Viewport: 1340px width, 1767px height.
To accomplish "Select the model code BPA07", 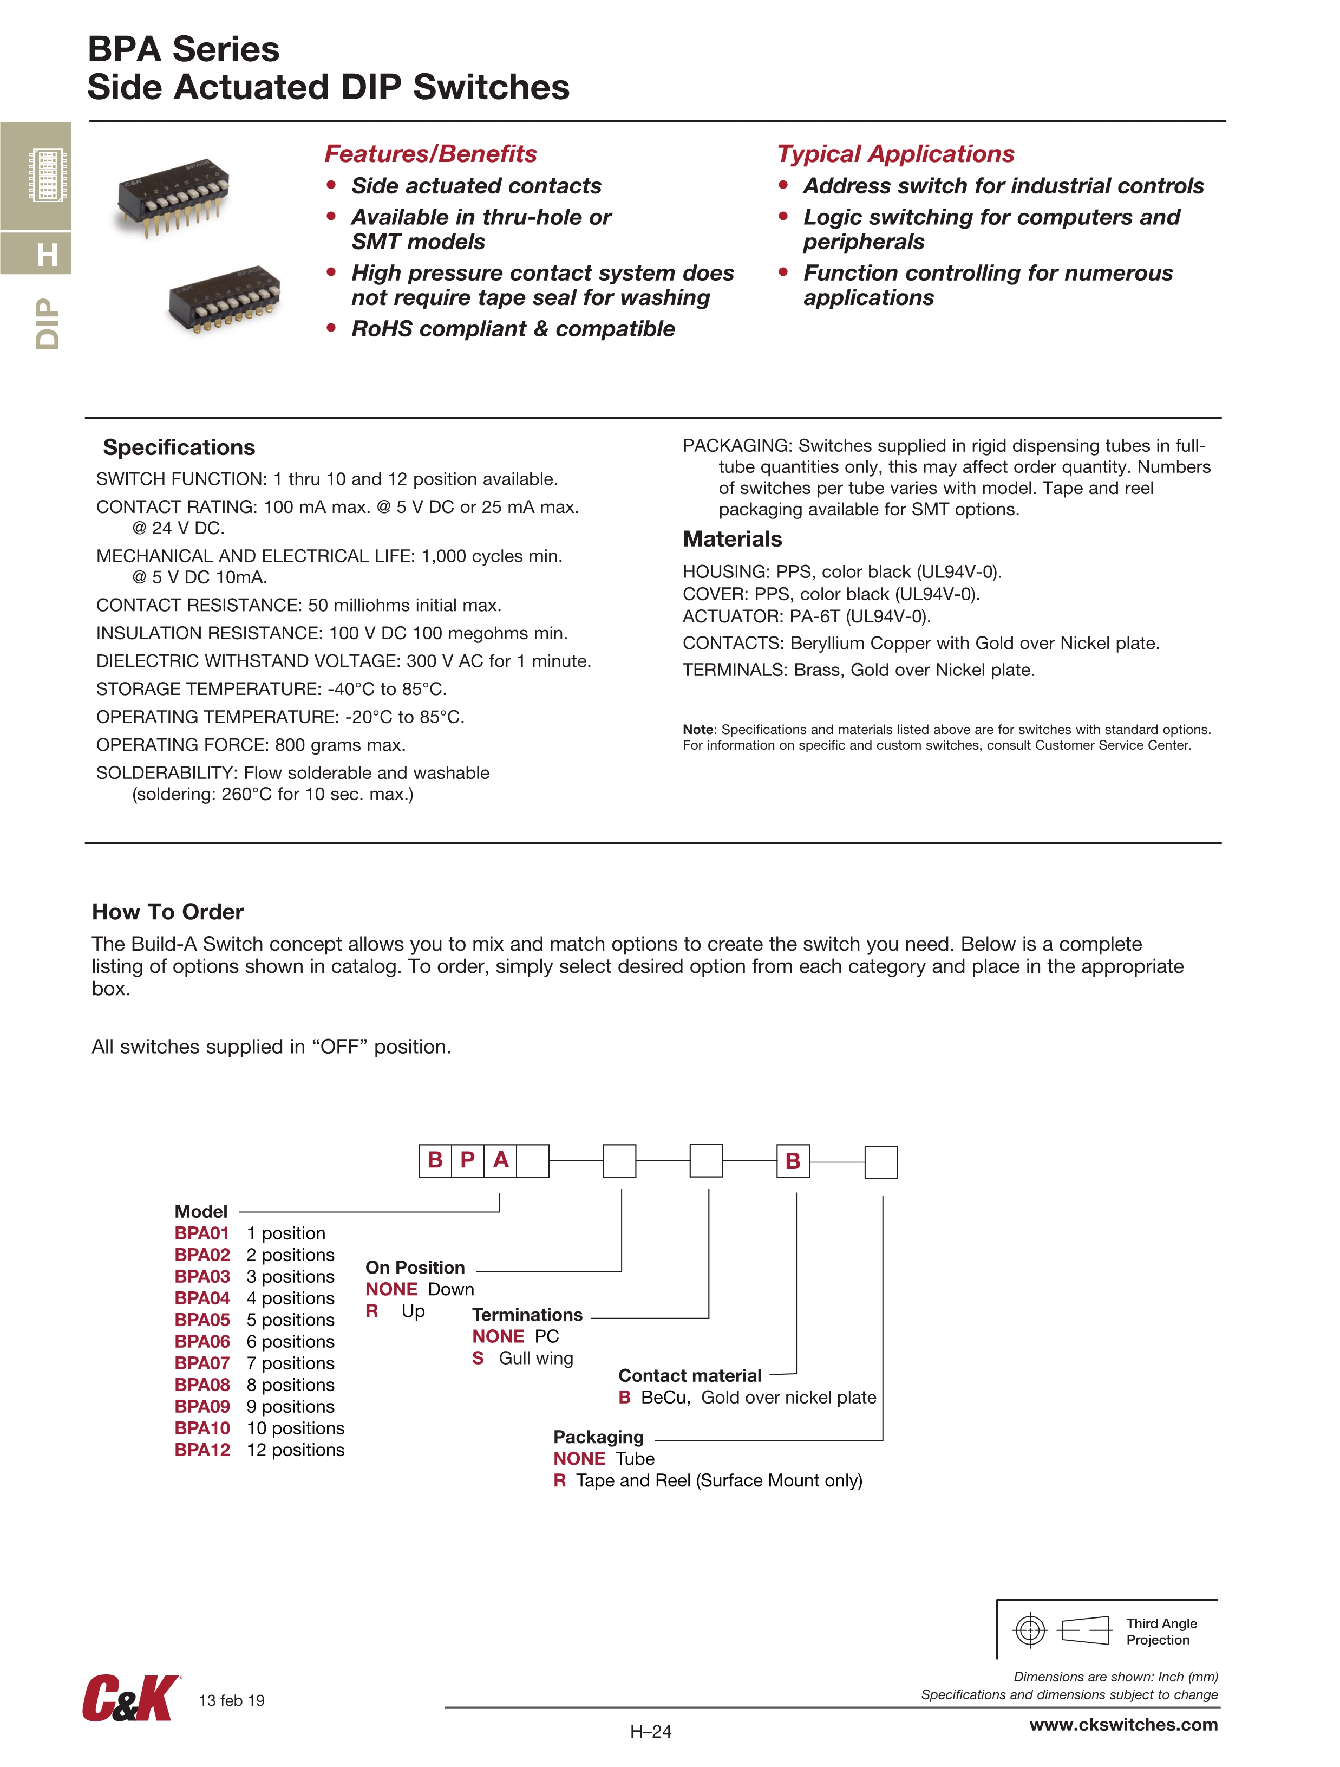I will (202, 1363).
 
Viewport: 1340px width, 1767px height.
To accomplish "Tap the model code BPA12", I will (202, 1450).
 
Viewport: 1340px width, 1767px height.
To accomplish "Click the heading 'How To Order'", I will (168, 912).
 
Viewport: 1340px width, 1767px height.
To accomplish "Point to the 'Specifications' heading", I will (179, 447).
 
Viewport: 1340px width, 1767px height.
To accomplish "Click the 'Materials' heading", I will (733, 539).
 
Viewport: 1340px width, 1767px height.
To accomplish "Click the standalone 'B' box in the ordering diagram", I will (793, 1161).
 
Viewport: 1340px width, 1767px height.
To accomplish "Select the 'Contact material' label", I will (690, 1375).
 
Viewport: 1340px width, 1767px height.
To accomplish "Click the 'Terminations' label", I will (527, 1315).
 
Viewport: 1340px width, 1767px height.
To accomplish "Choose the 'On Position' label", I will (415, 1268).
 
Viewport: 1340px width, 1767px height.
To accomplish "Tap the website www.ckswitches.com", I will (1123, 1725).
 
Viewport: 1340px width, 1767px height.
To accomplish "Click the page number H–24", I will (651, 1732).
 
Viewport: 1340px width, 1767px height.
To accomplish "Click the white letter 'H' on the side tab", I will (47, 255).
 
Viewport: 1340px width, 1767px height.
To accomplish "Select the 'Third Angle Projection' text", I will (1161, 1631).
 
